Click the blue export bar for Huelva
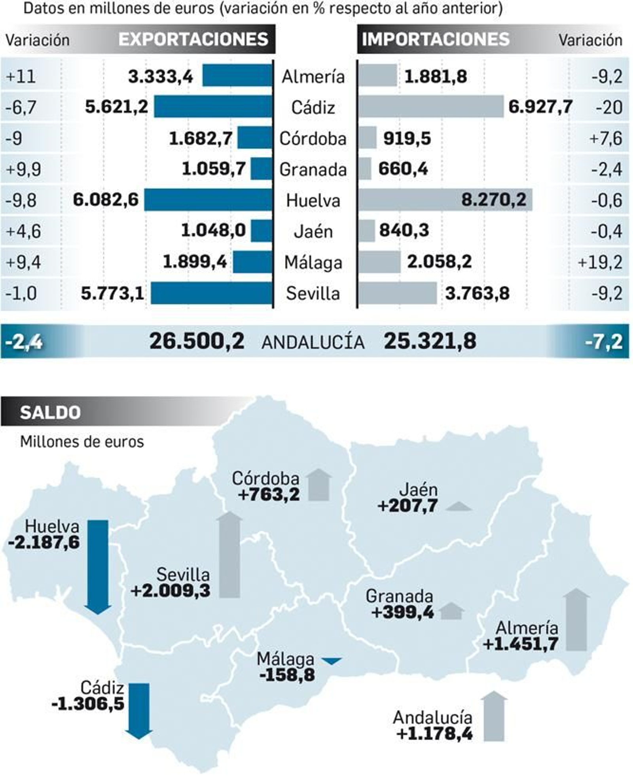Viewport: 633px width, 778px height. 208,200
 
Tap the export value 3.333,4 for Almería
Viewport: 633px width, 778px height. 161,76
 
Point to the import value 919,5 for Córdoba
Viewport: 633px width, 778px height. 407,138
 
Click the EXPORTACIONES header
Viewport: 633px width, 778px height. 193,39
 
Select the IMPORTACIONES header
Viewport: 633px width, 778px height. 436,39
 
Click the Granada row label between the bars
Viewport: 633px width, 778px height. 313,169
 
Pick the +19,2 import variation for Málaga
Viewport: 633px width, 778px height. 600,262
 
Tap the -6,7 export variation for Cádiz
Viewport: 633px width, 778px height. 21,107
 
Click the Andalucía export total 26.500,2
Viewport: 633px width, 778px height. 197,341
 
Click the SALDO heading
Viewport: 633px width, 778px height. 50,413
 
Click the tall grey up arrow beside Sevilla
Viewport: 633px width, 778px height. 229,554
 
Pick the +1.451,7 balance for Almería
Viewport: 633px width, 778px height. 521,644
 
